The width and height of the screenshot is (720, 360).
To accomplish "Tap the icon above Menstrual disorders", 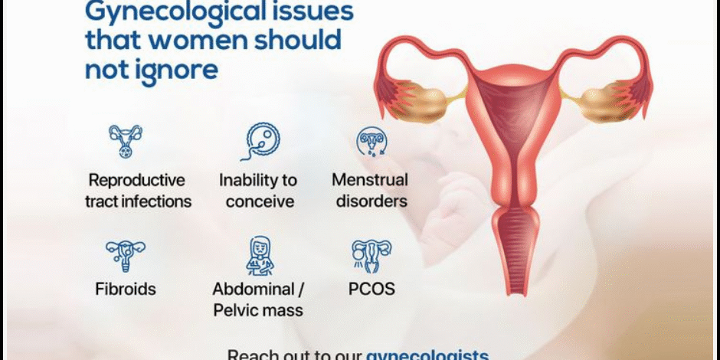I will click(x=372, y=142).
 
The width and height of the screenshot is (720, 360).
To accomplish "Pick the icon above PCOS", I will click(x=371, y=255).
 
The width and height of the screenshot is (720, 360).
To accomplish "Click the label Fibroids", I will click(x=126, y=290).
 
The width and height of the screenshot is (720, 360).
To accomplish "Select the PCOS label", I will click(x=371, y=290).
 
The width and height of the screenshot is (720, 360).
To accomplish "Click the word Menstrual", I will click(x=370, y=181).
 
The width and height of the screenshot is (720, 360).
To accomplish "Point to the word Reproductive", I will click(x=137, y=181).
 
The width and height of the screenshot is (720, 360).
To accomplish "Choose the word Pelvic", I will click(x=235, y=310).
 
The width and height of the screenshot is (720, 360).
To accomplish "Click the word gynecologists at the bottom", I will click(x=427, y=355).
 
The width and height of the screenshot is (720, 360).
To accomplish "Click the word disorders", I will click(x=371, y=202).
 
